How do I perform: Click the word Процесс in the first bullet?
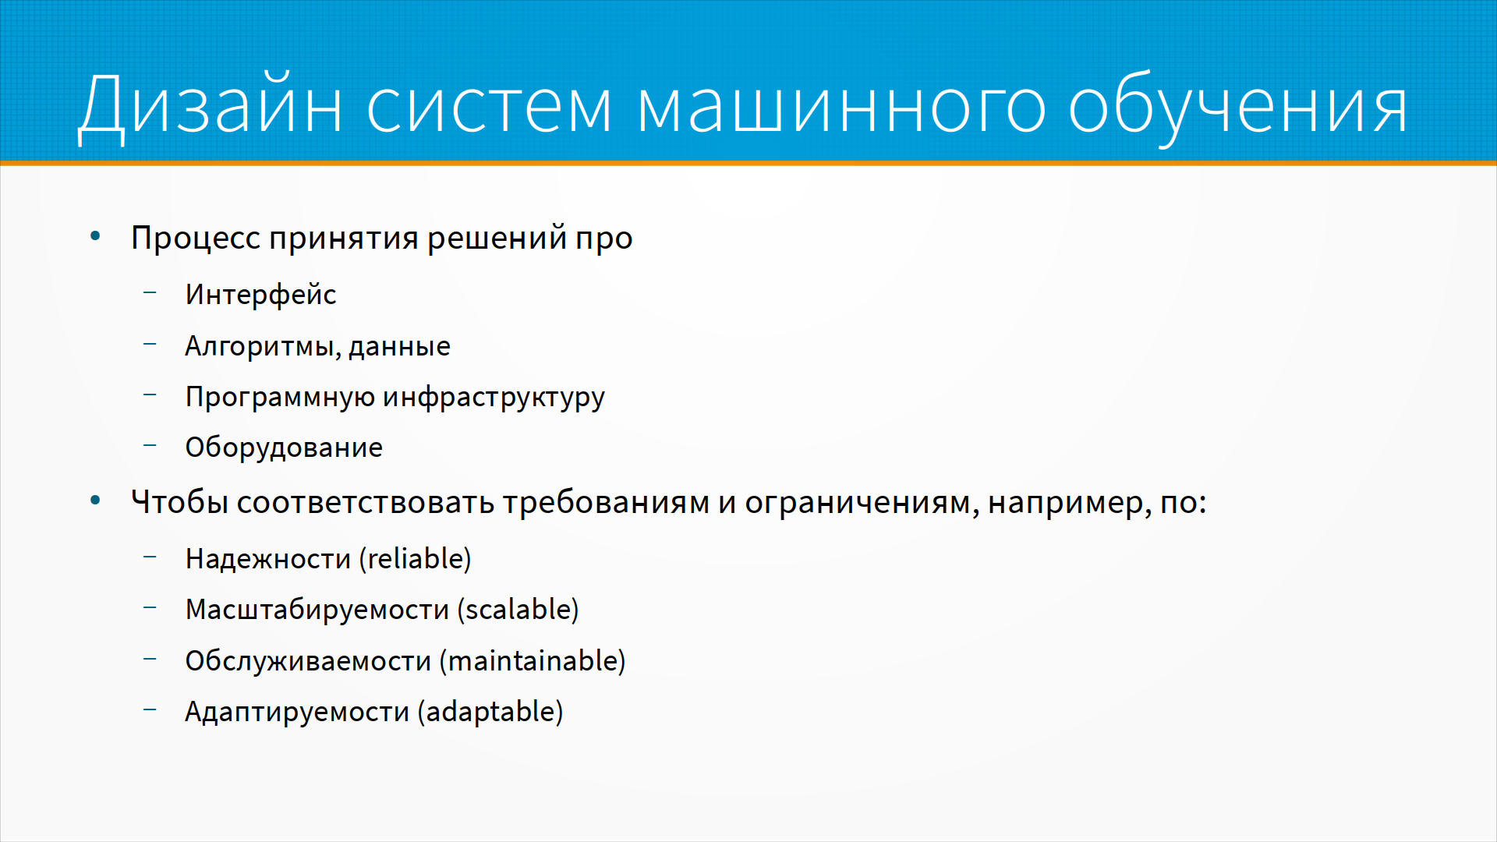(196, 238)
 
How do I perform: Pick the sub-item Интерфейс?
(260, 295)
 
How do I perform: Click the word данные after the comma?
(399, 346)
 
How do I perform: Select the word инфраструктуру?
(494, 398)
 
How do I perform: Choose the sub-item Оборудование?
(284, 448)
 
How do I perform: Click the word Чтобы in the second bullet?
(179, 501)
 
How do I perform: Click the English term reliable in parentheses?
(416, 559)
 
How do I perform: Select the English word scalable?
(518, 610)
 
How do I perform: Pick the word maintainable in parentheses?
(533, 661)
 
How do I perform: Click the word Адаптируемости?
(297, 713)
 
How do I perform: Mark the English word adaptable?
(490, 713)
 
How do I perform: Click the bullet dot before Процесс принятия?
(95, 236)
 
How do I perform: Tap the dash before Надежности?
(150, 557)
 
